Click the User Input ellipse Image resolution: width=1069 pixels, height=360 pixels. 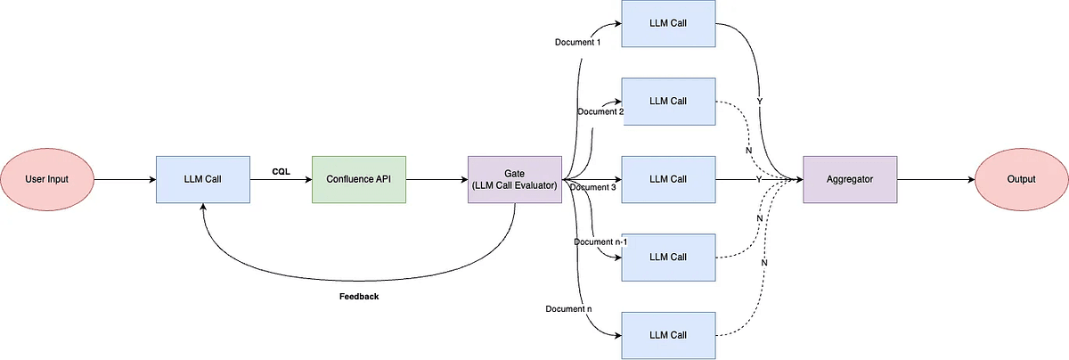click(x=46, y=179)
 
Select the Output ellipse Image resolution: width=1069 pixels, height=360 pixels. click(x=1021, y=179)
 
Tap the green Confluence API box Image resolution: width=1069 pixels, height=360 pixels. click(x=359, y=179)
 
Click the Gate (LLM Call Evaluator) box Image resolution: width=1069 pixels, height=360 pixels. click(x=515, y=179)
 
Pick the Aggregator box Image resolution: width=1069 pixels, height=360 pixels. click(x=850, y=179)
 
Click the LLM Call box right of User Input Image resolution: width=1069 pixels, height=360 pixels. click(x=203, y=179)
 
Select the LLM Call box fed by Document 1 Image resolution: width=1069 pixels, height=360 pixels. click(x=668, y=23)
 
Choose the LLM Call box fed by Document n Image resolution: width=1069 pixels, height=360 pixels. click(x=668, y=335)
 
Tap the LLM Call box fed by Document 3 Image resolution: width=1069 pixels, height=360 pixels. click(x=668, y=179)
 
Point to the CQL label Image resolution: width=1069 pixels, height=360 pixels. click(x=282, y=171)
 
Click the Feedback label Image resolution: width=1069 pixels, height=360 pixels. click(x=359, y=297)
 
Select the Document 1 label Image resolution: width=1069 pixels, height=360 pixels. click(x=577, y=42)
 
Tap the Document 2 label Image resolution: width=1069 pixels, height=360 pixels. click(x=600, y=111)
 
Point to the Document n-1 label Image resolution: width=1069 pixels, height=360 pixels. click(x=600, y=242)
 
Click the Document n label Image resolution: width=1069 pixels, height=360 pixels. click(x=568, y=309)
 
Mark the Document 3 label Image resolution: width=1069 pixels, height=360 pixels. click(x=592, y=187)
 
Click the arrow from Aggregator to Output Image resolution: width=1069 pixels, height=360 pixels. click(x=936, y=179)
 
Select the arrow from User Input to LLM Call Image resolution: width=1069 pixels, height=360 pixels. click(x=125, y=179)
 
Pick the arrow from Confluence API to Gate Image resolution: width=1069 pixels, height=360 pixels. click(x=437, y=179)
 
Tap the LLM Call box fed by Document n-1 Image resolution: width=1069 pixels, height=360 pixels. click(x=668, y=258)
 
